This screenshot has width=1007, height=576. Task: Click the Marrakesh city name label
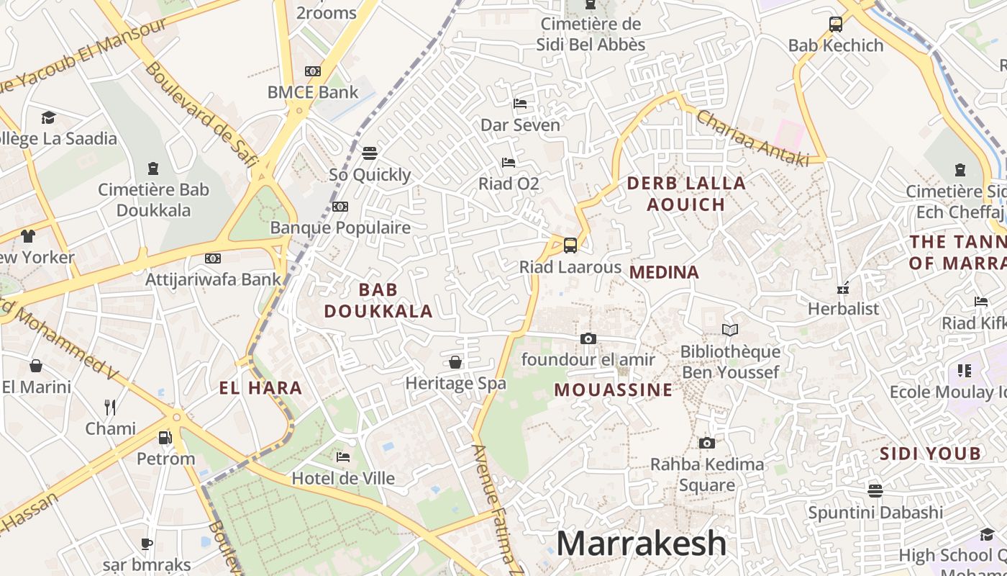(641, 543)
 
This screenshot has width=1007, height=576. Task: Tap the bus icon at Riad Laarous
(570, 246)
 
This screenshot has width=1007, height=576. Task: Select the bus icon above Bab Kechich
(835, 24)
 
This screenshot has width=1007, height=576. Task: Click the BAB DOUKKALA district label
(378, 300)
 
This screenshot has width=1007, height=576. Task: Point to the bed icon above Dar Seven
(520, 104)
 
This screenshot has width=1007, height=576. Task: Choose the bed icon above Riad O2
(509, 162)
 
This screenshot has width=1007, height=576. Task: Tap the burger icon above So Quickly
(370, 153)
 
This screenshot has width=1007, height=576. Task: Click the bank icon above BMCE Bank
(313, 71)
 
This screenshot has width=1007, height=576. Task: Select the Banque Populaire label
(340, 228)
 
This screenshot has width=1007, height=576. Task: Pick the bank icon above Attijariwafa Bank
(213, 258)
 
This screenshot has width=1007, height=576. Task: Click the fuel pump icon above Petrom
(165, 437)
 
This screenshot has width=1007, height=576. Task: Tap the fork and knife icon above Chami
(110, 407)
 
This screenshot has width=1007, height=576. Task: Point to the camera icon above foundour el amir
(588, 338)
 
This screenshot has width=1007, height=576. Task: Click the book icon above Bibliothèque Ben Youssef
(730, 330)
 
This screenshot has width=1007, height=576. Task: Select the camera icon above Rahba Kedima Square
(707, 443)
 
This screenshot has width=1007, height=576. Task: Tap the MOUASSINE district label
(614, 390)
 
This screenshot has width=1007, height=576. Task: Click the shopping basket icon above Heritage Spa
(455, 361)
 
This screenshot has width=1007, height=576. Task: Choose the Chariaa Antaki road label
(751, 137)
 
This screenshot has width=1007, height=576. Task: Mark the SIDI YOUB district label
(931, 454)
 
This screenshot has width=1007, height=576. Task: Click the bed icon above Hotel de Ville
(343, 456)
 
